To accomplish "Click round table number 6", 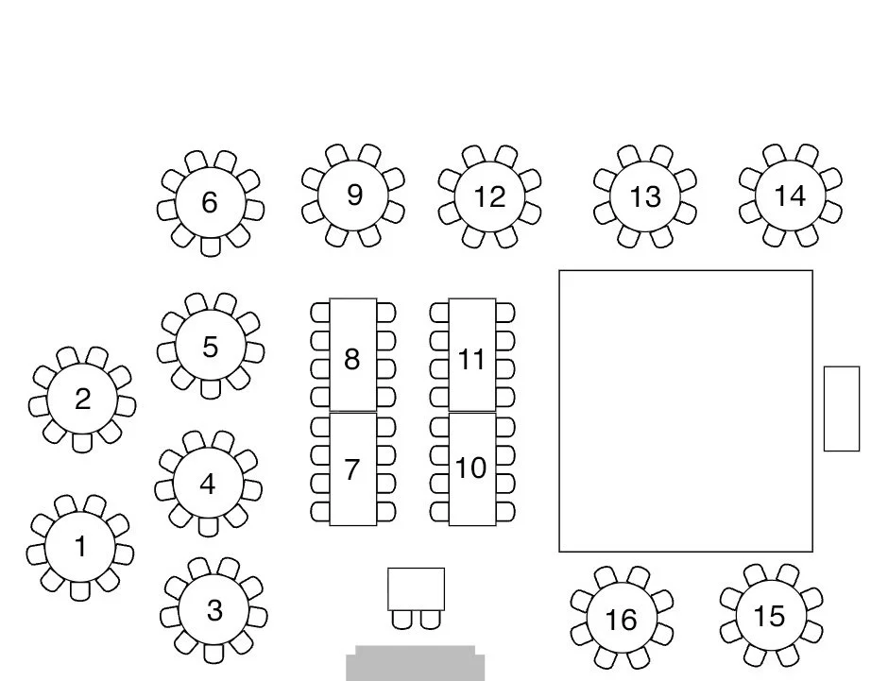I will pos(210,202).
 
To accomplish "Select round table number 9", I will pos(353,195).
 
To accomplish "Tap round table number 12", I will pos(489,196).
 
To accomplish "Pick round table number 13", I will pos(645,196).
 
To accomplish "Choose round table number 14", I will pos(790,196).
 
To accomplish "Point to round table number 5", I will pos(210,347).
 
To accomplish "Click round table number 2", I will pos(82,400).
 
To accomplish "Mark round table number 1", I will pos(80,547).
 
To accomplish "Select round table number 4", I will pos(208,485).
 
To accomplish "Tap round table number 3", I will pos(213,610).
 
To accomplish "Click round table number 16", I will pos(621,620).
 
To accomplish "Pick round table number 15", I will pos(770,616).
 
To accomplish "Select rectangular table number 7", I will pos(352,469).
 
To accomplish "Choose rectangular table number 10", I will pos(471,469).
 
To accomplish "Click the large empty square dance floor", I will pos(686,411).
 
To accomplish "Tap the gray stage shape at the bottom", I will pos(415,664).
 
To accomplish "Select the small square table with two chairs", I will pos(416,589).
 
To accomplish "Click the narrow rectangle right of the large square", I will pos(842,408).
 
